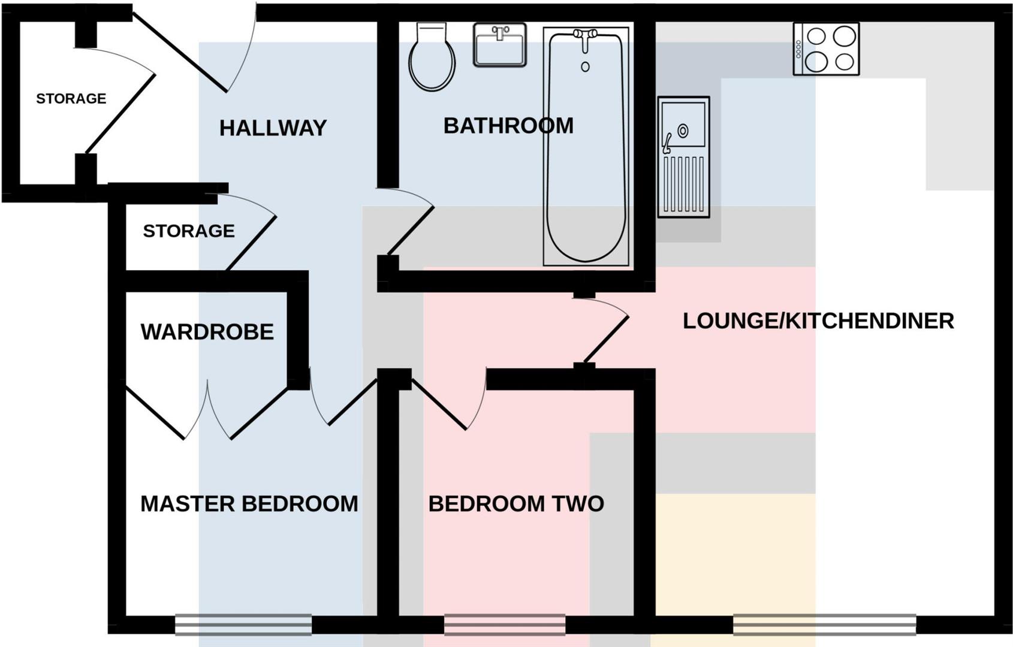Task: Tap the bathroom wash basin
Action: coord(499,44)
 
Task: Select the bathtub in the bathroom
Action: coord(586,150)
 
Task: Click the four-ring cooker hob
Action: coord(825,49)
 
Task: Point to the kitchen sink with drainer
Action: coord(683,157)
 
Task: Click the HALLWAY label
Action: coord(273,128)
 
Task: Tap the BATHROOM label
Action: coord(508,126)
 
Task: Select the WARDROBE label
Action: coord(207,332)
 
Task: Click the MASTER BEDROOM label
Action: coord(249,504)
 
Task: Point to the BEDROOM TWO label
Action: coord(515,504)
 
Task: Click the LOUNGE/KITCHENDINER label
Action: coord(818,321)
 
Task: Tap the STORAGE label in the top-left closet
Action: coord(71,99)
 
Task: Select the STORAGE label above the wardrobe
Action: coord(188,231)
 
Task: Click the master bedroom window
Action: coord(243,625)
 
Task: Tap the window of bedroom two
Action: coord(504,625)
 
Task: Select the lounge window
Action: coord(824,625)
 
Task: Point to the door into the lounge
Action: coord(605,338)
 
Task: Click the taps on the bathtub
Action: coord(585,36)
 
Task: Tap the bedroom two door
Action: coord(439,404)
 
